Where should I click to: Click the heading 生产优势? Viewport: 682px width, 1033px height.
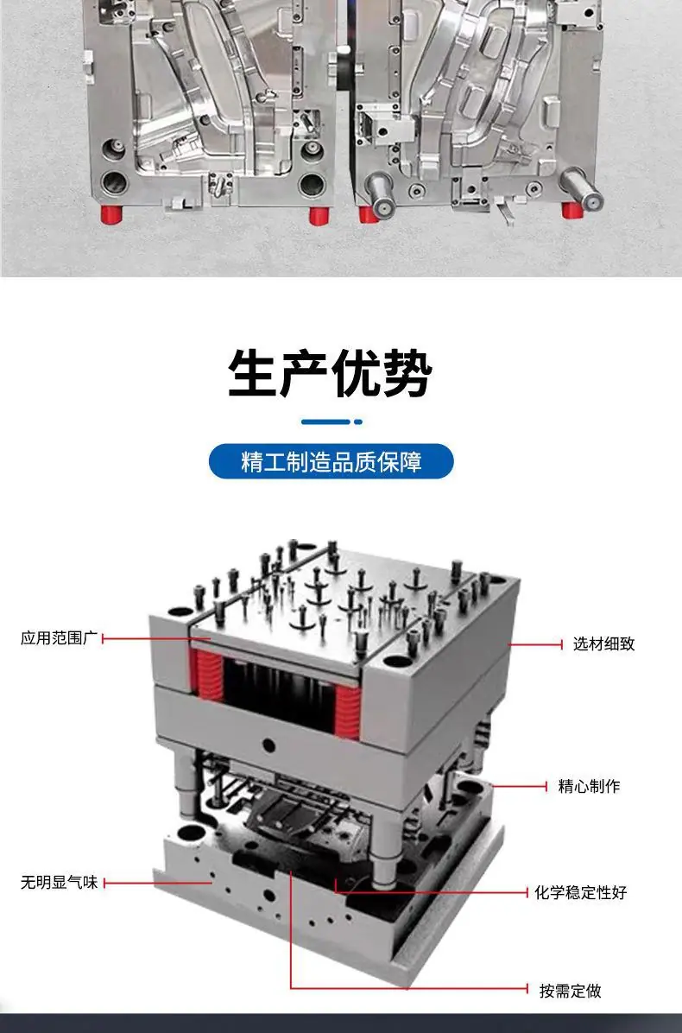(330, 373)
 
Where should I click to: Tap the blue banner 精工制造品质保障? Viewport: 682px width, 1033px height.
(332, 461)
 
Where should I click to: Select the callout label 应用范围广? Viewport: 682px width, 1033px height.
(59, 637)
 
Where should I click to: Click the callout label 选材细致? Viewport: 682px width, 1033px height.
(603, 643)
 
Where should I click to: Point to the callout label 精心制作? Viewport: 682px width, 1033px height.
(589, 786)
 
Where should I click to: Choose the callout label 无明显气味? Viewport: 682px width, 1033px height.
(59, 882)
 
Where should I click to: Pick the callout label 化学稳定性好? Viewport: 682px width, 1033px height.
(581, 893)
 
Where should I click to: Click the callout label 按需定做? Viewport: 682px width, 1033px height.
(570, 991)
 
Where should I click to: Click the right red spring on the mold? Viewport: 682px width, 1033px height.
(348, 711)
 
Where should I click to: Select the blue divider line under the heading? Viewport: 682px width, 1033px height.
(332, 421)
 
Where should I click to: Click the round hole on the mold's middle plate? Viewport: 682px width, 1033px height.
(268, 745)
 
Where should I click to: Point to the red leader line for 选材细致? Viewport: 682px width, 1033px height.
(535, 644)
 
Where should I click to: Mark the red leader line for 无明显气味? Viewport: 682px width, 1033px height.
(157, 883)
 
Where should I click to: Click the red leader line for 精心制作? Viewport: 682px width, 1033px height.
(520, 786)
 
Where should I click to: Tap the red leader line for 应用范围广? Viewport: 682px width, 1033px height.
(156, 637)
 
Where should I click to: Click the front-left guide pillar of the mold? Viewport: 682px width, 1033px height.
(186, 784)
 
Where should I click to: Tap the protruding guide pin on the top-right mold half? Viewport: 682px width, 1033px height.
(583, 187)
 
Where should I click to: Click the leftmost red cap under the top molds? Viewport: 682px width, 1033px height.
(112, 213)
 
